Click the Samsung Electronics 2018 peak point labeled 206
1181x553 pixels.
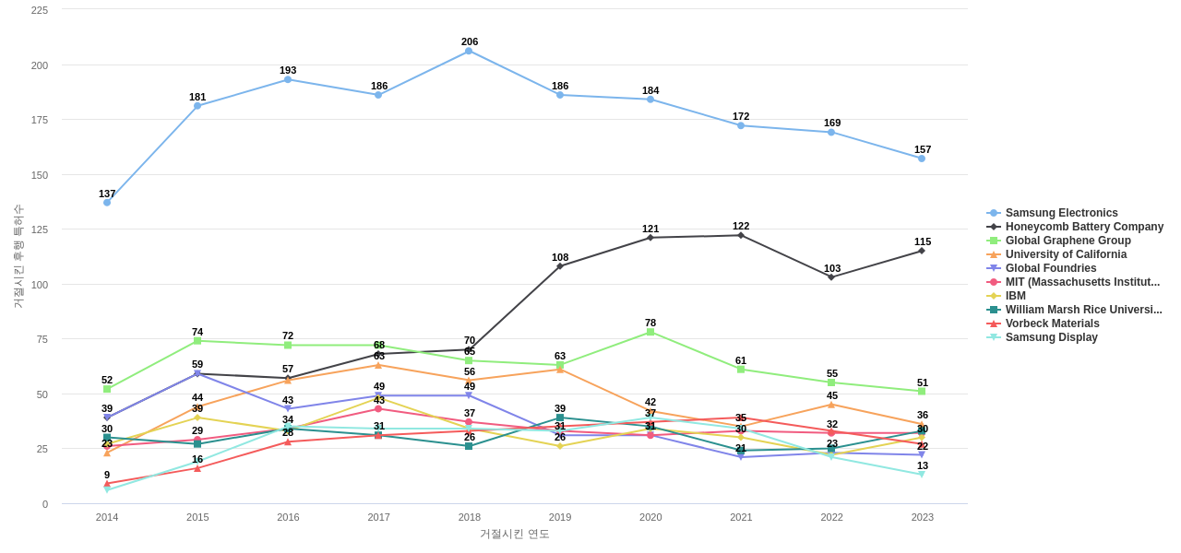469,52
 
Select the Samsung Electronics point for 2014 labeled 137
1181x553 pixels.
107,203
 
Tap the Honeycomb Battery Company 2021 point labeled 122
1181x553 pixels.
741,236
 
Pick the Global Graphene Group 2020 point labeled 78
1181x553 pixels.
650,332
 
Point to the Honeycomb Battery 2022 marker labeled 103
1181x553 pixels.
831,277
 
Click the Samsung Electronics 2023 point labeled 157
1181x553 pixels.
922,159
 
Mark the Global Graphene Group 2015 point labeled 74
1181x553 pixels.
197,341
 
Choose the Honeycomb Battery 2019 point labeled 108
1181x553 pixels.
560,266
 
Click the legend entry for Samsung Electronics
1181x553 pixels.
1061,213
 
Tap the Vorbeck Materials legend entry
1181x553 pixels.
1052,324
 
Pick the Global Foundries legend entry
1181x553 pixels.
1051,268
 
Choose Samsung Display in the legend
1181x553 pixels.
1051,337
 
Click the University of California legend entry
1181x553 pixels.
1066,254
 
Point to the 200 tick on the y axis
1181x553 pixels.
40,65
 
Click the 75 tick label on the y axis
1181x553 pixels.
42,339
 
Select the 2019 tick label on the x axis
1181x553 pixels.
560,517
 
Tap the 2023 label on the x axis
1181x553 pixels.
923,517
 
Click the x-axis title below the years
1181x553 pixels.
514,534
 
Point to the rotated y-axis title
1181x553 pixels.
18,256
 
